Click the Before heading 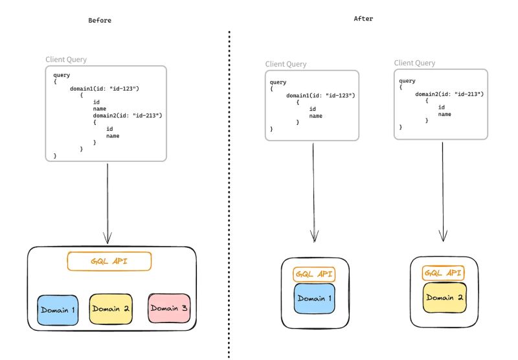(x=100, y=21)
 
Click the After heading (x=363, y=19)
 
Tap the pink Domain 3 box (x=169, y=308)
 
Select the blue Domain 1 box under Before (x=58, y=310)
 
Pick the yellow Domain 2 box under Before (x=111, y=309)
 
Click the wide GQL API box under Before (x=109, y=261)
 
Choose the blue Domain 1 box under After (x=314, y=298)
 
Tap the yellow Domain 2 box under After (x=444, y=297)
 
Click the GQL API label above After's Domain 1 (x=314, y=274)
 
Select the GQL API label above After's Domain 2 (x=443, y=273)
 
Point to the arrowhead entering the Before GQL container (x=107, y=238)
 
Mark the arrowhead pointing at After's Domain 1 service (x=315, y=236)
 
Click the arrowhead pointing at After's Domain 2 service (x=443, y=236)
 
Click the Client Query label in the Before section (x=66, y=60)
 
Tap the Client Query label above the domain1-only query (x=286, y=64)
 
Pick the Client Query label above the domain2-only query (x=414, y=63)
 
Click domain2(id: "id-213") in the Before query (x=128, y=115)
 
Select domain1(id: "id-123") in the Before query (x=104, y=89)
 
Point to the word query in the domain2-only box (x=407, y=81)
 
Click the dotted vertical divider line (x=229, y=195)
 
